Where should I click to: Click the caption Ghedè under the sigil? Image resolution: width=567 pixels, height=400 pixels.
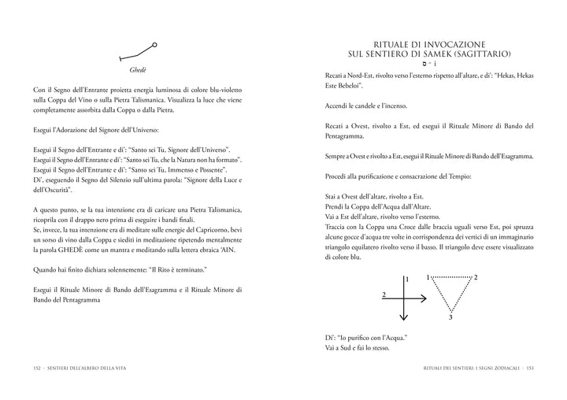click(x=139, y=69)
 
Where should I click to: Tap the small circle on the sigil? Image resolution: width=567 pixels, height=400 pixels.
click(x=154, y=46)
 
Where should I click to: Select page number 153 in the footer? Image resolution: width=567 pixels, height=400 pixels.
click(x=531, y=366)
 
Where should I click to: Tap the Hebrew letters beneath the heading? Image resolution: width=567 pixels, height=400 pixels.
click(x=429, y=64)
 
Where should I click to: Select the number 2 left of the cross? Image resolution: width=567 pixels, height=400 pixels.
click(x=383, y=294)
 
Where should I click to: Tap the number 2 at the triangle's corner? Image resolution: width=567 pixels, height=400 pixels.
click(x=476, y=278)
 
